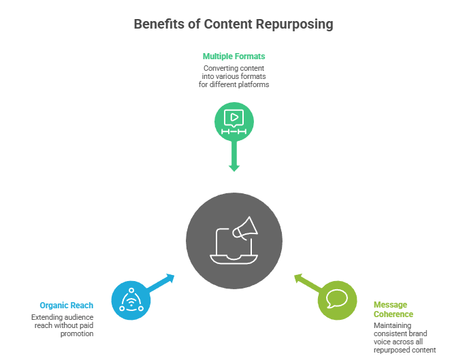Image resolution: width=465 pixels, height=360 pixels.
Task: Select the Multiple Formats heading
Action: (x=234, y=56)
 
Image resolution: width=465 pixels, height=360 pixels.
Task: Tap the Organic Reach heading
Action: (x=67, y=306)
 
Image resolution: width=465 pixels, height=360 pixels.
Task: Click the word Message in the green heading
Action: (x=390, y=305)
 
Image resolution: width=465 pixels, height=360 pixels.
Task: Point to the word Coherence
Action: (x=394, y=314)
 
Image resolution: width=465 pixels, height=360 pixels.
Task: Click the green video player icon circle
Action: (x=234, y=120)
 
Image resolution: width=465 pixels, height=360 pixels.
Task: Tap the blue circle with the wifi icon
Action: (x=130, y=299)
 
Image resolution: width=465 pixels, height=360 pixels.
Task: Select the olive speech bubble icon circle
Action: (x=337, y=299)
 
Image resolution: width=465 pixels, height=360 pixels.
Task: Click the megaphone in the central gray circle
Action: (x=246, y=228)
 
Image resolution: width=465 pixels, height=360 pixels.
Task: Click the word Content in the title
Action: (x=229, y=24)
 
